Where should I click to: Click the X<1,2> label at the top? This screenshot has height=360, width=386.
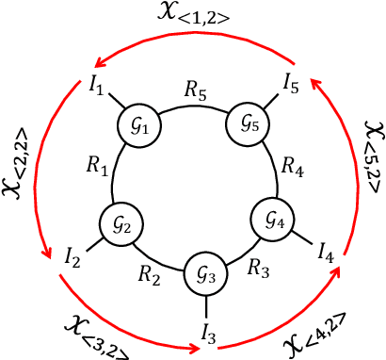pos(193,19)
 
